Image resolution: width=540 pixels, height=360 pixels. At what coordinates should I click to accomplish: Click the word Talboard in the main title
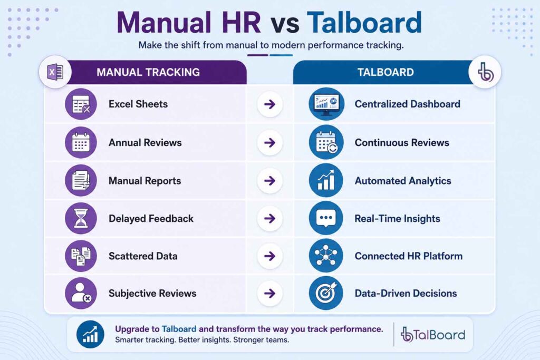(364, 22)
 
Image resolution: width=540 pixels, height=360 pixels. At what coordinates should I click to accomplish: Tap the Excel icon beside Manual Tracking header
(55, 72)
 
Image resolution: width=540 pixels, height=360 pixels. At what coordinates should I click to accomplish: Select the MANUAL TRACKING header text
(148, 72)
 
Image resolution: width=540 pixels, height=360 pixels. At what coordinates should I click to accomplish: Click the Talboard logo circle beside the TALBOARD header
(485, 72)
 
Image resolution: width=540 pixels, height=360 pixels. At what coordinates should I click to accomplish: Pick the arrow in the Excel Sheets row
(269, 104)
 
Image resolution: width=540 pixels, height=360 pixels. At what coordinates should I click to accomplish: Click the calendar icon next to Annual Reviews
(81, 142)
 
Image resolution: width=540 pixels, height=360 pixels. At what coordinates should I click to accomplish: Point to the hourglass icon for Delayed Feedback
(81, 218)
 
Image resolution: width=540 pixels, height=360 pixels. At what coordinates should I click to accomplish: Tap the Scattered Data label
(143, 256)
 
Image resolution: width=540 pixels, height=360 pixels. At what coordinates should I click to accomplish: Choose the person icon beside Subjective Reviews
(81, 293)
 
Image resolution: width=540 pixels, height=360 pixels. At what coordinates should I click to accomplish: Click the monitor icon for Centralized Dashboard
(326, 104)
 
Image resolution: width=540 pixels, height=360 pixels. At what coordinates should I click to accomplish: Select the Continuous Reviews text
(402, 142)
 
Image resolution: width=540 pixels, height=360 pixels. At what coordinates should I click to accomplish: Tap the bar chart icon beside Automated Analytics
(326, 180)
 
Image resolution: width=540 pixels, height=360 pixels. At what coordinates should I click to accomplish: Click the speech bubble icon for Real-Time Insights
(326, 218)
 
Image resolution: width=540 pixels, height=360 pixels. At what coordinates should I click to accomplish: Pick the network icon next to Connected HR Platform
(326, 256)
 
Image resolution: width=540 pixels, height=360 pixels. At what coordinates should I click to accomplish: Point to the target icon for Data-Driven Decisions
(326, 293)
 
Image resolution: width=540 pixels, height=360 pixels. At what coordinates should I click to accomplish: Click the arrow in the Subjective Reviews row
(269, 293)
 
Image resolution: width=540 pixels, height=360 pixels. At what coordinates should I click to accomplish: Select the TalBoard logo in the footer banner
(433, 335)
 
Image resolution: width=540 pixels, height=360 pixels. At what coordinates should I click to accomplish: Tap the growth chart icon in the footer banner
(90, 334)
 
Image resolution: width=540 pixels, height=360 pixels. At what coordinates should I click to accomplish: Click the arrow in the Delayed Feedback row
(269, 218)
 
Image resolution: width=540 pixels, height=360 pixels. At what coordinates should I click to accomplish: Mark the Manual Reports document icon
(81, 180)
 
